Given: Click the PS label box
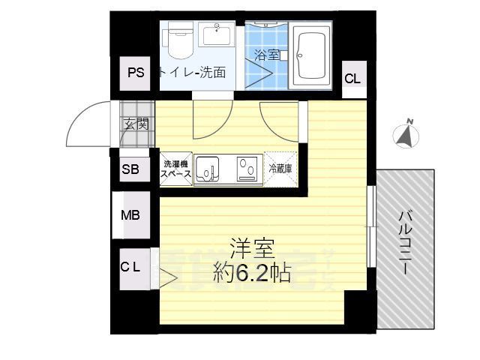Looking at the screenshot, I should tap(135, 73).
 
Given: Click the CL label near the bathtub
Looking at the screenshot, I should tap(352, 78).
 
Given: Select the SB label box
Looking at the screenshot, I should tap(130, 169).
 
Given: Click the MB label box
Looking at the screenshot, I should tap(130, 215).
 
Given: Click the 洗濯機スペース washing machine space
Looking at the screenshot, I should tap(176, 169).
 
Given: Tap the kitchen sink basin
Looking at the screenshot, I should tap(207, 168).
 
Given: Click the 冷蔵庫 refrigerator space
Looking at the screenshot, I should tap(280, 168).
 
